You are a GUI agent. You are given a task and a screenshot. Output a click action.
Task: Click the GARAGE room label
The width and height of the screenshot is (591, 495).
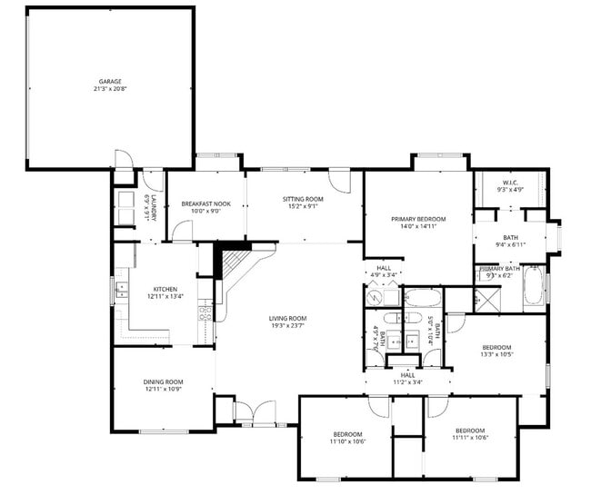[x=110, y=82]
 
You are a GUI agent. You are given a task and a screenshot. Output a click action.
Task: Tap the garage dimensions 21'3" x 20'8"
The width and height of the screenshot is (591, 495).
[x=110, y=89]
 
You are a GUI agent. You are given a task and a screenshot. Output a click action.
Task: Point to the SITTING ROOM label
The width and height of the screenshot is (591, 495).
[x=303, y=198]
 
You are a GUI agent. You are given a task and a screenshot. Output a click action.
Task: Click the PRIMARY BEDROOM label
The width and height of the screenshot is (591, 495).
[x=418, y=219]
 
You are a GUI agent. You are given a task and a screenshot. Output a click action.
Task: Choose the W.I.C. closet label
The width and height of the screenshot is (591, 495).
[x=510, y=184]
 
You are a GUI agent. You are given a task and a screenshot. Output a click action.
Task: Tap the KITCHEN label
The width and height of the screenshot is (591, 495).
[x=165, y=289]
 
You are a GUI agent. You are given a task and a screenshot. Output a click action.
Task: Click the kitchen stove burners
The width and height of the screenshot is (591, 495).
[x=205, y=314]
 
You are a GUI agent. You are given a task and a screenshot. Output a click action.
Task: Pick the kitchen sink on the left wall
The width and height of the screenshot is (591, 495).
[x=120, y=291]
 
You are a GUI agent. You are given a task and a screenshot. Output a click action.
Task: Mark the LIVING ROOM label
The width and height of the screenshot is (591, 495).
[x=286, y=318]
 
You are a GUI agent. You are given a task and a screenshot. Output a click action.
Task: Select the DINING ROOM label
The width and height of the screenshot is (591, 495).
[x=164, y=381]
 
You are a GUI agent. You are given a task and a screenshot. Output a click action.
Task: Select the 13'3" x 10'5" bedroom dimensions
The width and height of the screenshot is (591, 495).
[x=496, y=354]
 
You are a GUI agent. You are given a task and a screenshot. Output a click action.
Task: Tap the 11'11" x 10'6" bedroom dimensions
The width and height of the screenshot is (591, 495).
[x=470, y=437]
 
